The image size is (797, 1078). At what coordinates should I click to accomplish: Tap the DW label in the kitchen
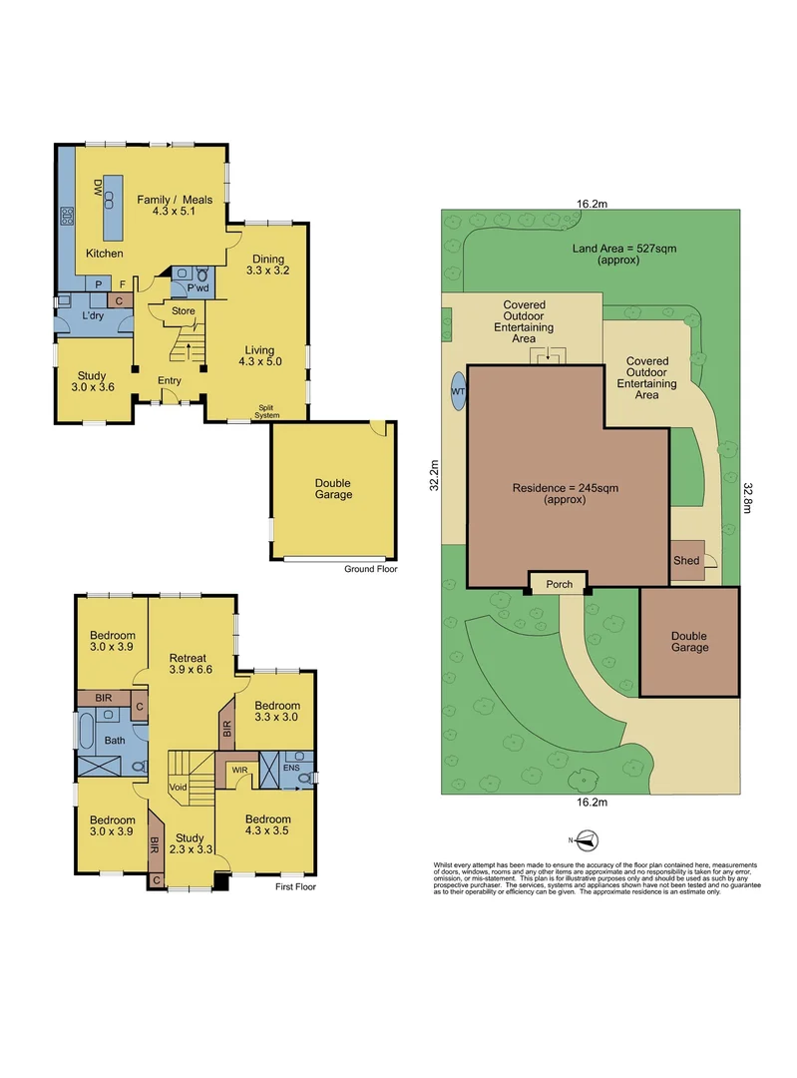pyautogui.click(x=98, y=187)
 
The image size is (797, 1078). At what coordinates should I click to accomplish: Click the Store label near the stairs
pyautogui.click(x=183, y=310)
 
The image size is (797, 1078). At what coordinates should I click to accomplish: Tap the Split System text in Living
pyautogui.click(x=266, y=410)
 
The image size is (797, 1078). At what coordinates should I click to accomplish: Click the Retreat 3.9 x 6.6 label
pyautogui.click(x=188, y=665)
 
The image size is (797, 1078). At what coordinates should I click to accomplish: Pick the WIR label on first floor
pyautogui.click(x=238, y=770)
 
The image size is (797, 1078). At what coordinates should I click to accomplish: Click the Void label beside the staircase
pyautogui.click(x=177, y=788)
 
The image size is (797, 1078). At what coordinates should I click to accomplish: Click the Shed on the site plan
pyautogui.click(x=686, y=560)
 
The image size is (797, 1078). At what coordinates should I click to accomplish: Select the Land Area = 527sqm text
pyautogui.click(x=617, y=254)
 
